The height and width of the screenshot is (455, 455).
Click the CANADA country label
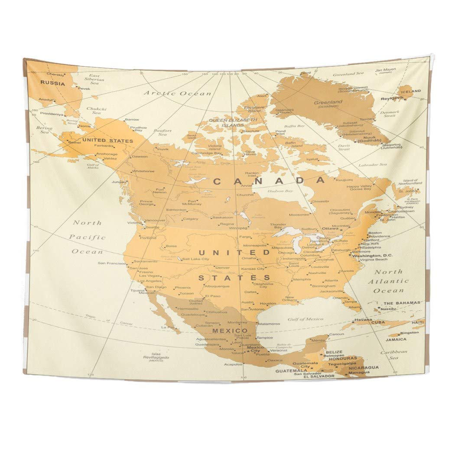(x=269, y=181)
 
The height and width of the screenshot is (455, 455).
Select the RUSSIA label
(x=53, y=84)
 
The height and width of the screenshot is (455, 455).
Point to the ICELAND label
(x=410, y=91)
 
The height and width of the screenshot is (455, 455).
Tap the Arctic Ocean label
(x=178, y=93)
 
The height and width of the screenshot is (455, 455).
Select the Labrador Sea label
(x=372, y=165)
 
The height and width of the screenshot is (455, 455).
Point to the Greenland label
(x=328, y=102)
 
